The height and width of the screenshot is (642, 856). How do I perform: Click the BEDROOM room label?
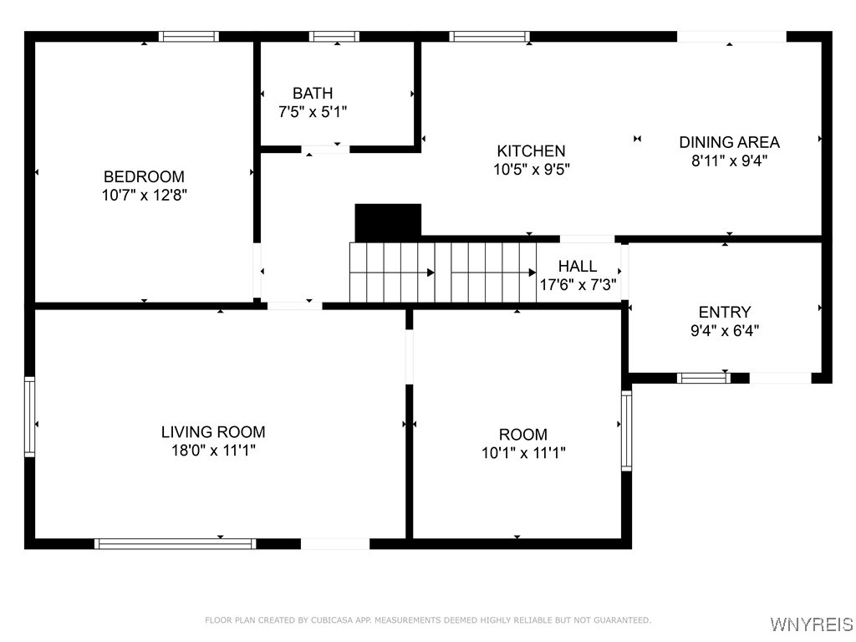(x=144, y=177)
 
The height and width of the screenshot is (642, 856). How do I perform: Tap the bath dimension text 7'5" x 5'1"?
(x=313, y=111)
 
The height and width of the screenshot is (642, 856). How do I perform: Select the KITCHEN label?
(x=531, y=151)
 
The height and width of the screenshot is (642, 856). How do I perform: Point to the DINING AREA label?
(x=729, y=142)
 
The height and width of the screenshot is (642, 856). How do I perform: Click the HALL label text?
(x=578, y=267)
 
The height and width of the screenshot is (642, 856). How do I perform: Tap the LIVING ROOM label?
(x=213, y=432)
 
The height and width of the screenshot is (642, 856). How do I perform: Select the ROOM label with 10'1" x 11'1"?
(x=523, y=435)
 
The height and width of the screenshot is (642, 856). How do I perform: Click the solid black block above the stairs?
(x=388, y=222)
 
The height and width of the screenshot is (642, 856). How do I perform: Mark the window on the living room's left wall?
(x=30, y=416)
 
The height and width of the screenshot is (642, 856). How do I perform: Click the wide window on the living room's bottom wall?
(x=175, y=543)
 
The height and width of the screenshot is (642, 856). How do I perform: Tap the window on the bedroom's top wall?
(x=189, y=37)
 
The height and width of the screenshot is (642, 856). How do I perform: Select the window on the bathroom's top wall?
(x=334, y=37)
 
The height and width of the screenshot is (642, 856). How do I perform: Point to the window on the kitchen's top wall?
(x=489, y=37)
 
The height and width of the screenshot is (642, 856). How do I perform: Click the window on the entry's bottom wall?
(x=703, y=378)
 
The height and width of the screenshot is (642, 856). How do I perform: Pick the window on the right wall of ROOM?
(x=626, y=431)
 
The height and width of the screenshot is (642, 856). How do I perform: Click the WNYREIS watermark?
(x=811, y=624)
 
